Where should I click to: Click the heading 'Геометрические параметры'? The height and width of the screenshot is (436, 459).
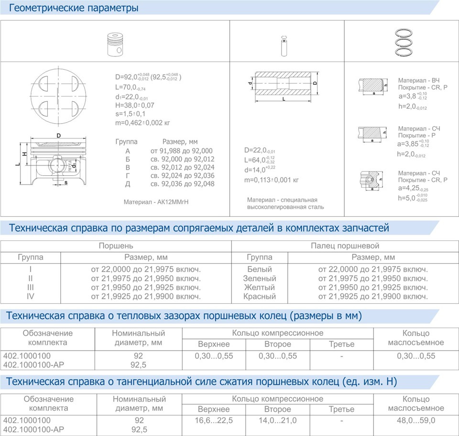point(74,8)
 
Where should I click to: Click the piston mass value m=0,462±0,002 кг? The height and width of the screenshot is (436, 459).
point(143,122)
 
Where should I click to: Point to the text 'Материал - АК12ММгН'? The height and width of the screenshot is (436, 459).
point(156,202)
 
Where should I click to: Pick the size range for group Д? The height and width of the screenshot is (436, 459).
point(183,184)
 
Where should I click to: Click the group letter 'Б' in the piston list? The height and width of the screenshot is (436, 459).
point(128,160)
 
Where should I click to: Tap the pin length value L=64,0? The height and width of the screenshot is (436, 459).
point(259,160)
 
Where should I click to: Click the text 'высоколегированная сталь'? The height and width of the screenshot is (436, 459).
point(285,207)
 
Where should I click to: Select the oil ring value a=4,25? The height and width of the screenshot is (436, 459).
point(414,188)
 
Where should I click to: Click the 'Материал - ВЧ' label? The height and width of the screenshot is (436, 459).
point(419,81)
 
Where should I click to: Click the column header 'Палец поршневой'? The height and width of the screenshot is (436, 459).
point(345,246)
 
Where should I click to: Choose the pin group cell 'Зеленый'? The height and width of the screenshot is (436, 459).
point(260,278)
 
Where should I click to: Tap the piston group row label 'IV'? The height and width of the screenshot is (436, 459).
point(31,297)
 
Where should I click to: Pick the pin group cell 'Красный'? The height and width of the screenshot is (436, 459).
point(260,297)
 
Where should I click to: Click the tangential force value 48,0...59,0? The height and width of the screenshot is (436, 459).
point(416,421)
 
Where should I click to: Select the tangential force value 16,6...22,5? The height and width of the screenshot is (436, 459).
point(214,421)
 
